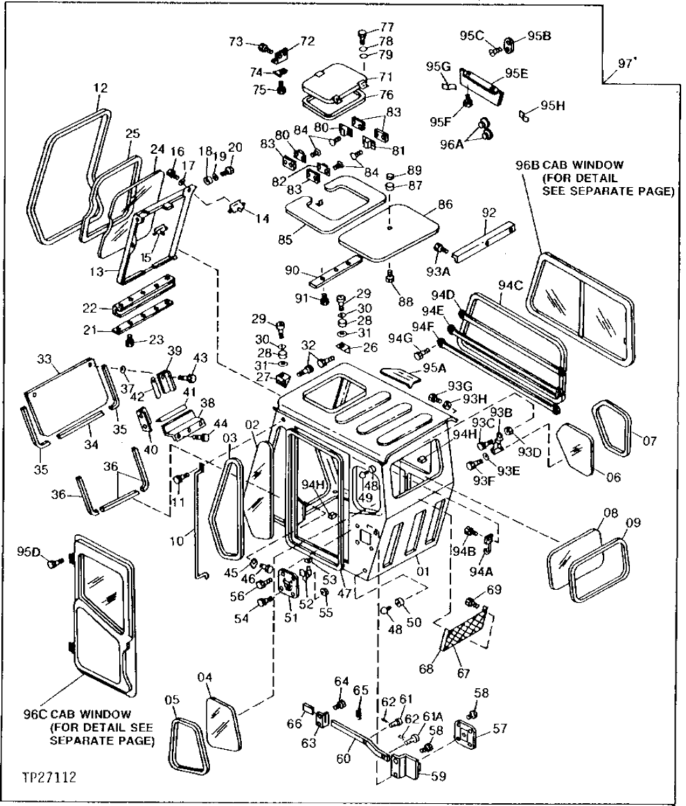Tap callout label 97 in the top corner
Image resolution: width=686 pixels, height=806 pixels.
click(626, 64)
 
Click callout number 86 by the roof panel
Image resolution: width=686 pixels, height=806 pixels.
click(445, 206)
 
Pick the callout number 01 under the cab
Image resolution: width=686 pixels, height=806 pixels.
click(423, 572)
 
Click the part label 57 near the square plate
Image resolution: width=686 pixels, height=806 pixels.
click(500, 728)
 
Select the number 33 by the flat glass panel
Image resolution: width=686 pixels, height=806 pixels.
click(45, 360)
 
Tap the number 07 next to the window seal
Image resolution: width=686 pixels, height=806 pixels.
click(649, 440)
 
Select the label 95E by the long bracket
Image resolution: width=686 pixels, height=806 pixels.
click(516, 73)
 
